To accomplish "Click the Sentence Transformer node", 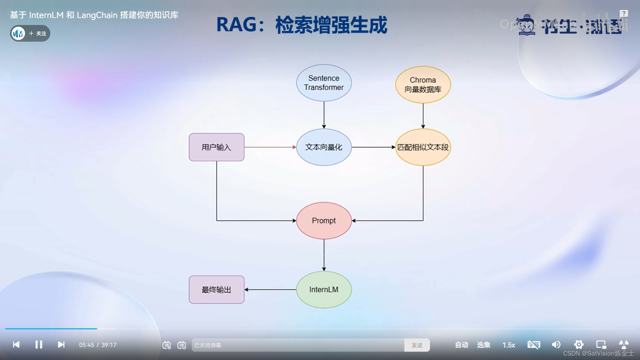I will tap(324, 83).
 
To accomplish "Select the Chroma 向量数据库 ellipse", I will tap(423, 85).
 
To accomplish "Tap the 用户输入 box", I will tap(216, 147).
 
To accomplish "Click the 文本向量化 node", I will tap(324, 147).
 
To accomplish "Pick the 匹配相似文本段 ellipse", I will tap(423, 147).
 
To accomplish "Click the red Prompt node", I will tap(324, 221).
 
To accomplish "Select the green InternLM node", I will tap(324, 290).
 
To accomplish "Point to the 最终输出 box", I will tap(216, 290).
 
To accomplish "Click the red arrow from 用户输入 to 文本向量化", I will tap(270, 147).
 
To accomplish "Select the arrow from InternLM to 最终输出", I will tap(270, 290).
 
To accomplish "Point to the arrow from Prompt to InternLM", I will tap(324, 255).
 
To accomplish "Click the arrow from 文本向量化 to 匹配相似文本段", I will tap(373, 147).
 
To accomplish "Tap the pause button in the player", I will tap(39, 345).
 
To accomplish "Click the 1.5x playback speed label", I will tap(509, 345).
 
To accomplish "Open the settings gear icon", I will tap(579, 345).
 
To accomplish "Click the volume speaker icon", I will tap(556, 345).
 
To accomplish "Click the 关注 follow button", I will tap(38, 33).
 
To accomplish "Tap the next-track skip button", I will tap(61, 345).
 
